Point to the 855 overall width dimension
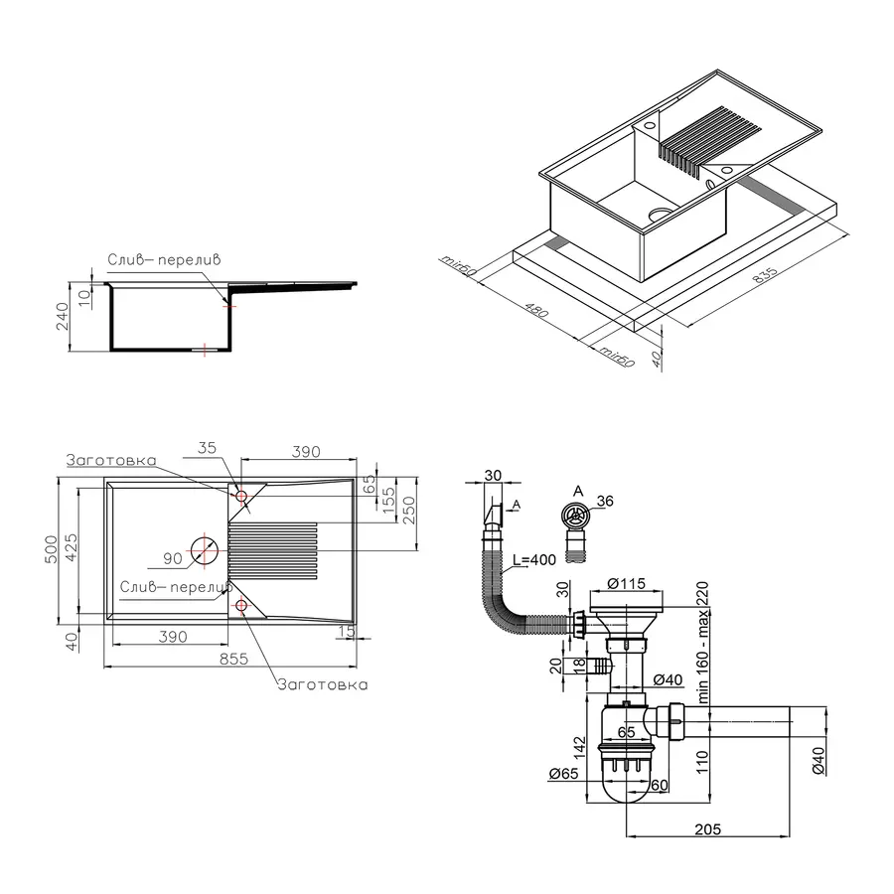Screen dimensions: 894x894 click(232, 659)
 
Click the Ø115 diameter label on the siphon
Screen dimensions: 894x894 click(627, 582)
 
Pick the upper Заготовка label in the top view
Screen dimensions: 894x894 click(110, 460)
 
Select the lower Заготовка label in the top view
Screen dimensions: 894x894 click(322, 684)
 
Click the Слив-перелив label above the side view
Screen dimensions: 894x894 click(164, 260)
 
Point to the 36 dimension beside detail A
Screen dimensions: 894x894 click(607, 501)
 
